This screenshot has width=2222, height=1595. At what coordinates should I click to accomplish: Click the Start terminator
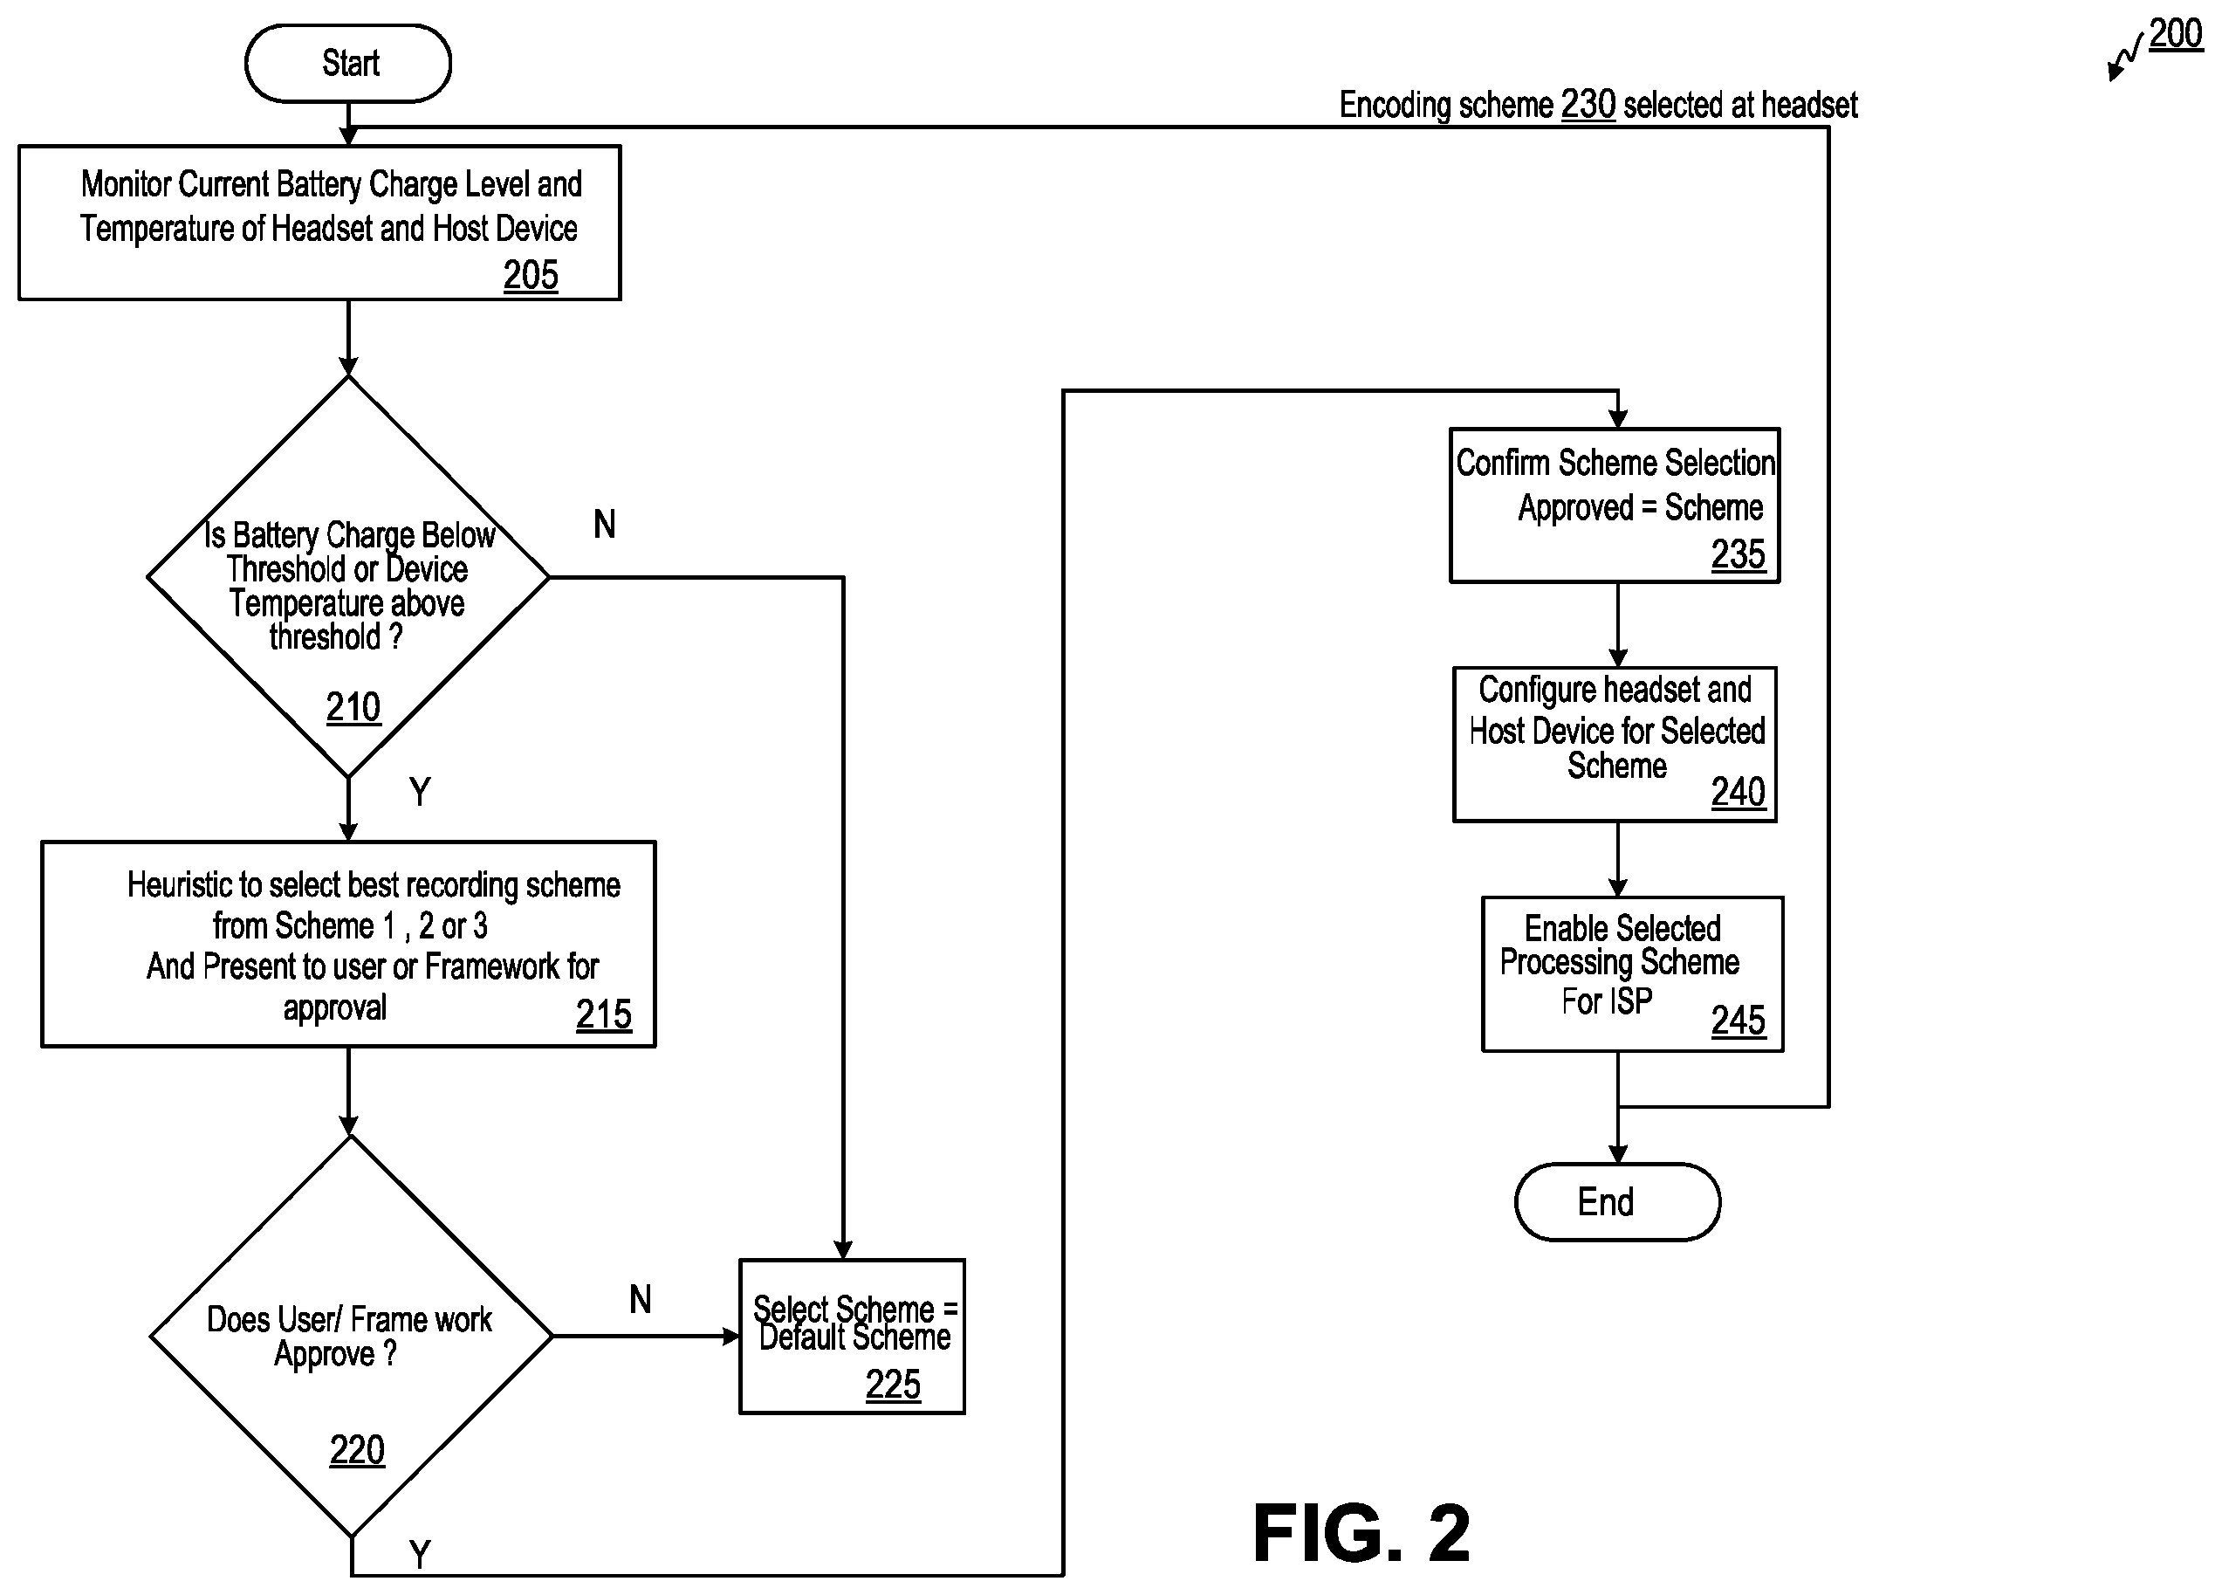coord(348,64)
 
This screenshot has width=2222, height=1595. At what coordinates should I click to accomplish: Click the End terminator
coord(1617,1202)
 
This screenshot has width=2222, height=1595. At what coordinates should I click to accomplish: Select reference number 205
coord(531,275)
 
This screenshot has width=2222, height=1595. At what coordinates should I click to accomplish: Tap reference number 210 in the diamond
coord(353,707)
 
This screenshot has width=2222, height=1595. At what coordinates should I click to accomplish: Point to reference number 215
coord(604,1015)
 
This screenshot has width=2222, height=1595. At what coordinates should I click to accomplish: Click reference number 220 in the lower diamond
coord(357,1450)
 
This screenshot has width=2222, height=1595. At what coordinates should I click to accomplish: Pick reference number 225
coord(893,1385)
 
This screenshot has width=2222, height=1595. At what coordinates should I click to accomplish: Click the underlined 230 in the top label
coord(1588,104)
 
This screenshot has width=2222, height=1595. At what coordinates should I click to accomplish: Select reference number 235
coord(1738,554)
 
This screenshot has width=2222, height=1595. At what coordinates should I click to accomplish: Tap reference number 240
coord(1738,793)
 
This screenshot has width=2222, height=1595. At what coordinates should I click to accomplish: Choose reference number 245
coord(1738,1021)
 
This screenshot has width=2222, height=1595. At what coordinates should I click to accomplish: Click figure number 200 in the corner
coord(2176,33)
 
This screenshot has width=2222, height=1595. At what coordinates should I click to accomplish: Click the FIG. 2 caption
coord(1361,1533)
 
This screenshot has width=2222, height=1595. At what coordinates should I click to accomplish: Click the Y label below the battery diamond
coord(419,792)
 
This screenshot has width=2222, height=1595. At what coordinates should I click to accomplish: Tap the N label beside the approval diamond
coord(640,1300)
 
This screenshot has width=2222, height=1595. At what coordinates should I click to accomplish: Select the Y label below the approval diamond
coord(419,1555)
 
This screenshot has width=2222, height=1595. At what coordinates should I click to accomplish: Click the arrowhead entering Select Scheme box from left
coord(730,1337)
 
